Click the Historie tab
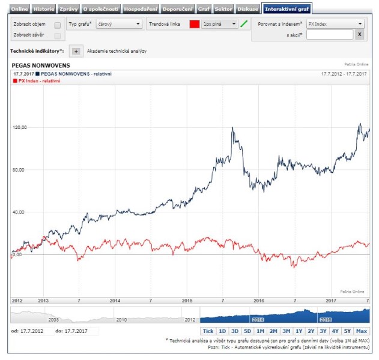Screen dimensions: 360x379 [43, 9]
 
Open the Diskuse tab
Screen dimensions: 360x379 [249, 9]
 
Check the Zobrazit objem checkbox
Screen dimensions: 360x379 [57, 25]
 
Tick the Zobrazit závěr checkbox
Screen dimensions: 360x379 [57, 36]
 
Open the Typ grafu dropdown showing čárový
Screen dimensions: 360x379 [119, 25]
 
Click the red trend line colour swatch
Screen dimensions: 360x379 [194, 25]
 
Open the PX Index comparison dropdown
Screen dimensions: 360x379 [335, 25]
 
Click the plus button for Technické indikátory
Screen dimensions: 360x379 [75, 51]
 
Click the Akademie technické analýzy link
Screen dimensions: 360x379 [117, 51]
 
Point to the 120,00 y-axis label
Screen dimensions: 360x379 [20, 127]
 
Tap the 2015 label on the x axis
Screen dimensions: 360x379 [187, 300]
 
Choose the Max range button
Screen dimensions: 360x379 [362, 331]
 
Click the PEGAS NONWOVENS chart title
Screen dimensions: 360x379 [41, 65]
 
